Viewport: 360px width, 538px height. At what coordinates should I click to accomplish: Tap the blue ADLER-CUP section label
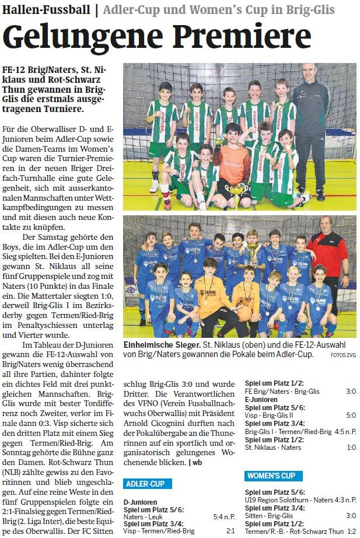point(148,484)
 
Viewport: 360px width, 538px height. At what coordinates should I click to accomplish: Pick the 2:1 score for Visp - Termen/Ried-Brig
point(230,531)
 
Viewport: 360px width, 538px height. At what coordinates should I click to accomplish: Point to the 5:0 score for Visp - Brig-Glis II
point(350,415)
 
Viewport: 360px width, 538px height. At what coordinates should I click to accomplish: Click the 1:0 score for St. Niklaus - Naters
point(350,448)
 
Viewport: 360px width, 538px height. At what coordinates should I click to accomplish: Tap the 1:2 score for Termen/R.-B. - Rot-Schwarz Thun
point(350,531)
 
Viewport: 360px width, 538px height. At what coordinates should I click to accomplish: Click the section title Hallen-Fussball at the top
point(46,10)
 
